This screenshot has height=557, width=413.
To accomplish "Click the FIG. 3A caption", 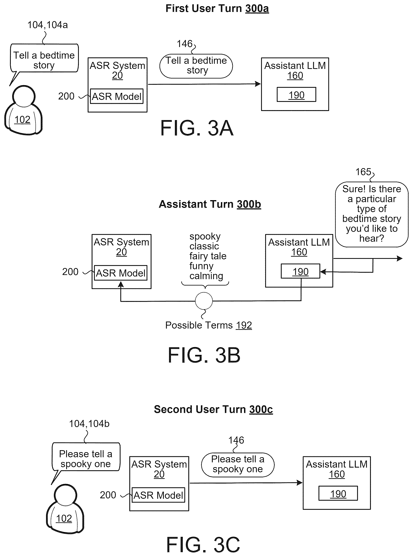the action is tap(197, 128).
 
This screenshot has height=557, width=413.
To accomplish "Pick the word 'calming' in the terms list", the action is tap(206, 276).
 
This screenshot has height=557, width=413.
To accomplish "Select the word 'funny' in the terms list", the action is tap(201, 266).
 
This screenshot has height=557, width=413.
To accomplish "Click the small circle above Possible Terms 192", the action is tap(204, 301).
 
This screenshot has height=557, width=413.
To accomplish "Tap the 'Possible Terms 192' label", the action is tap(209, 325).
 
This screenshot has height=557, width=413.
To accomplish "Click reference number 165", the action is tap(363, 172).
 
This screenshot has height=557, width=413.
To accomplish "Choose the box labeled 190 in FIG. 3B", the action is tap(300, 271).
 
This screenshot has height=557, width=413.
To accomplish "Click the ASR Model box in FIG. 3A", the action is tap(117, 96).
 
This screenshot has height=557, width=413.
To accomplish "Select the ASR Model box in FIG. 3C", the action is tap(158, 495).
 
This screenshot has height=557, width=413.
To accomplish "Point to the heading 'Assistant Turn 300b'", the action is tap(210, 204).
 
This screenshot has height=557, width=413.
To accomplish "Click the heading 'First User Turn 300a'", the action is tap(217, 9).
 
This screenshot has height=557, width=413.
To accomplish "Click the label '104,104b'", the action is tap(89, 424).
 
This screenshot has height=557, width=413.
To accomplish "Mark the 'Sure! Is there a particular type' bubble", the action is tap(372, 214).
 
